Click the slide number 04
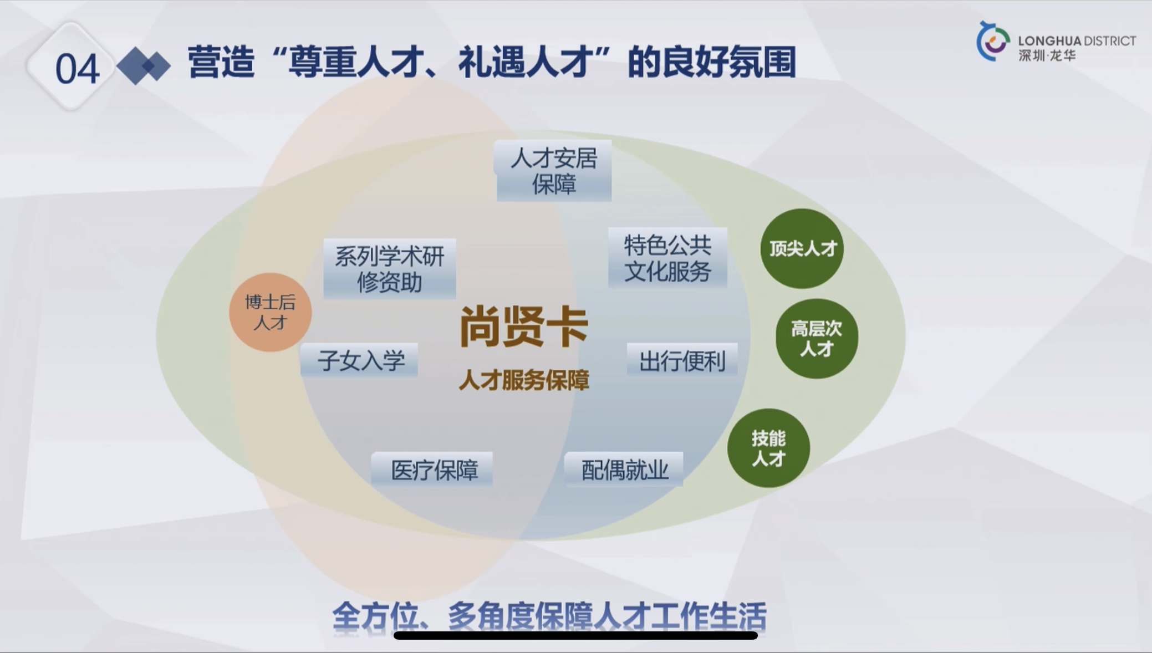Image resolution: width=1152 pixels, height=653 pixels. click(x=77, y=69)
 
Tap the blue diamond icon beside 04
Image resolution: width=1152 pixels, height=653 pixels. click(x=144, y=66)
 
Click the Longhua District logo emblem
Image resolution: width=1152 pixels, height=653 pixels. click(x=993, y=42)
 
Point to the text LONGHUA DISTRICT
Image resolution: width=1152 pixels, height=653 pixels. click(x=1077, y=41)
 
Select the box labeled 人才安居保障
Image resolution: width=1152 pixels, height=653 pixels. click(x=554, y=171)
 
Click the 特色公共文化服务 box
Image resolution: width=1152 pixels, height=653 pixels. click(x=667, y=258)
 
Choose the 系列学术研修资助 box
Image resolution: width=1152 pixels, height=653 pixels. click(x=389, y=269)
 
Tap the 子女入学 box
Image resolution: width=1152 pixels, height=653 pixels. click(x=360, y=361)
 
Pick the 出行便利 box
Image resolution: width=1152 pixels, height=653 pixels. click(x=682, y=361)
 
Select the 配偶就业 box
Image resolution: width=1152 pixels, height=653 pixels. click(x=624, y=470)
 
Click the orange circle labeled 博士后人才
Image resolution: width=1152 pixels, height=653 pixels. click(x=270, y=312)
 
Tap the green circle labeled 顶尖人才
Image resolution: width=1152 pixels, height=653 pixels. click(x=802, y=248)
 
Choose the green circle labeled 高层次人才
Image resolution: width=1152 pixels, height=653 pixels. click(x=817, y=338)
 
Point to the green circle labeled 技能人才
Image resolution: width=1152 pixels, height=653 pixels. click(x=768, y=448)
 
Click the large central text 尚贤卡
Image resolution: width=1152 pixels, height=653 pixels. click(x=523, y=327)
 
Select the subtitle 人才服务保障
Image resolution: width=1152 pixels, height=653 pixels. click(x=523, y=380)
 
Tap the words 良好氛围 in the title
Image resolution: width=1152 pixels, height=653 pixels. click(x=741, y=62)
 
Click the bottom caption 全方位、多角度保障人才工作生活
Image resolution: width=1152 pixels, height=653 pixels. click(x=549, y=616)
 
